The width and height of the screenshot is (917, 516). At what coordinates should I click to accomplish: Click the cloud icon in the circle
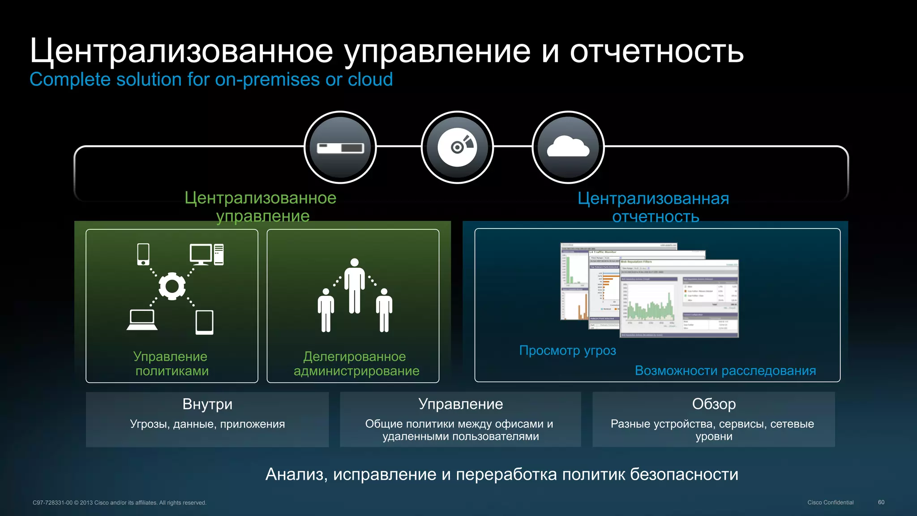click(x=568, y=147)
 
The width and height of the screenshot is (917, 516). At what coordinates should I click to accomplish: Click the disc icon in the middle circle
click(x=457, y=147)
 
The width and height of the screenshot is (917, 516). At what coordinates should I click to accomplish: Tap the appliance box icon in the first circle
click(x=340, y=148)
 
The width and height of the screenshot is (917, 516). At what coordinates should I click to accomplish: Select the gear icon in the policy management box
click(x=172, y=286)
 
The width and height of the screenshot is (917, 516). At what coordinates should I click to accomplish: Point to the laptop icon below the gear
click(x=142, y=320)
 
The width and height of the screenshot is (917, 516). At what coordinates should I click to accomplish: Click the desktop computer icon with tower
click(x=206, y=254)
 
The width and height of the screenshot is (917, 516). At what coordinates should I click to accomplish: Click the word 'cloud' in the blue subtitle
click(x=370, y=79)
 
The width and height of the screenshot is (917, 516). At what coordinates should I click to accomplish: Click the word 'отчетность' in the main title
click(x=656, y=51)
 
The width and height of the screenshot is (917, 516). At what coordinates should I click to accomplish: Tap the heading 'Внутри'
click(x=207, y=404)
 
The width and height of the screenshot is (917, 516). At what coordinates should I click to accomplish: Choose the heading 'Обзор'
click(x=714, y=404)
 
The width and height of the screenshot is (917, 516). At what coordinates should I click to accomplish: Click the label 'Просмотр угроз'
click(x=567, y=350)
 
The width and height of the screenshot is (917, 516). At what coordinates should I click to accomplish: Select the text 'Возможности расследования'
click(x=725, y=371)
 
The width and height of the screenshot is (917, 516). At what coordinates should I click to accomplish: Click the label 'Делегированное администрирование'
click(x=356, y=364)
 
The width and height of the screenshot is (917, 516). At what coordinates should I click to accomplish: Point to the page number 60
click(x=881, y=502)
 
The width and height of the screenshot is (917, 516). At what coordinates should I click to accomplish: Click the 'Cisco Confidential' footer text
click(x=830, y=503)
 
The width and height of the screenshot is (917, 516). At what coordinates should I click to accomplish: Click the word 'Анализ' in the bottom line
click(x=296, y=474)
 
